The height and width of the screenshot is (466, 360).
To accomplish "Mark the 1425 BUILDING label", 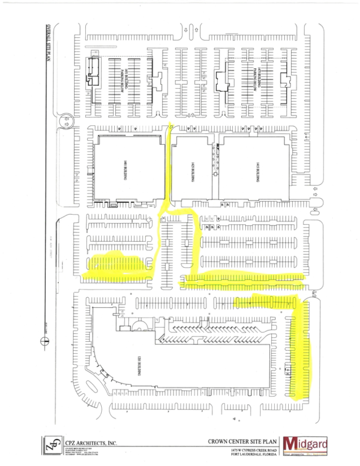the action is pyautogui.click(x=191, y=171).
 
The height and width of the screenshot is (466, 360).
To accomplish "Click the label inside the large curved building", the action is pyautogui.click(x=139, y=367).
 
